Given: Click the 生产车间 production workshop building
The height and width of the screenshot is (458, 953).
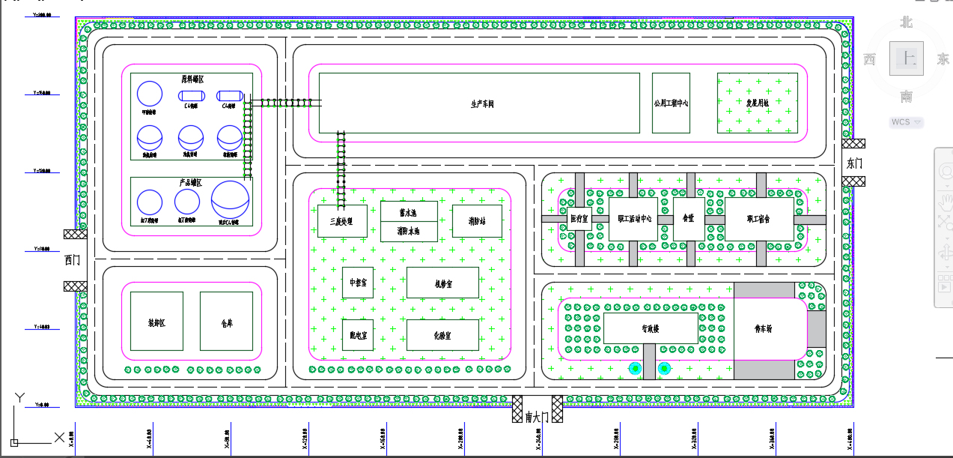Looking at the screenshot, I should tap(479, 103).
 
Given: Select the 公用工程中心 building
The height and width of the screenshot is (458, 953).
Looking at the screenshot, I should tap(670, 103).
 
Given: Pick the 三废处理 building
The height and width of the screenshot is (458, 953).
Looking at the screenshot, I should tap(342, 221).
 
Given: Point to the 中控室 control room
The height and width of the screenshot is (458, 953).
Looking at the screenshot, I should tap(358, 283).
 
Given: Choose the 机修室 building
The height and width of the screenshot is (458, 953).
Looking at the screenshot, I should tap(442, 283).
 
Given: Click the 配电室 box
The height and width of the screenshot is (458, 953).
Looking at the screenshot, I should tap(358, 335).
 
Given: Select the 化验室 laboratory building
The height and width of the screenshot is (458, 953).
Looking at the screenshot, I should tap(442, 335).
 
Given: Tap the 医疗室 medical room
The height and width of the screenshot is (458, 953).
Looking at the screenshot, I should tap(579, 219).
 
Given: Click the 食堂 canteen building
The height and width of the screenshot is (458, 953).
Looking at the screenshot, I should tap(689, 219).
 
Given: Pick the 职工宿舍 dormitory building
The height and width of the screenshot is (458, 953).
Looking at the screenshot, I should tap(758, 219).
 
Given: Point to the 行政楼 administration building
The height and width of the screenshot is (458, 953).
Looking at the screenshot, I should tap(650, 328).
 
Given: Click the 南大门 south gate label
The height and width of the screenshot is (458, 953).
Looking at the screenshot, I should tap(537, 417).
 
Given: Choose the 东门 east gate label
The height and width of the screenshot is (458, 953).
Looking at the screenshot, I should tap(854, 163).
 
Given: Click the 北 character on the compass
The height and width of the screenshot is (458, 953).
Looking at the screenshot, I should tap(907, 22).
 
